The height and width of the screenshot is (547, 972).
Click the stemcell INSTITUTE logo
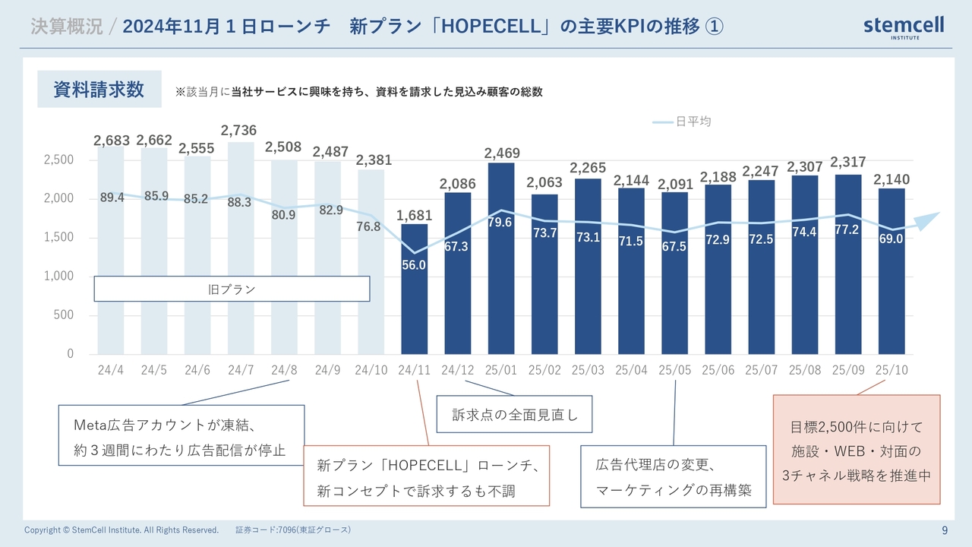point(904,27)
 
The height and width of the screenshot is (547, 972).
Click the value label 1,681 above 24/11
point(414,215)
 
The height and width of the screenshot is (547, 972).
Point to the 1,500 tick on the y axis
point(59,237)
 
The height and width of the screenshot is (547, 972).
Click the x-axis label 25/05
point(674,370)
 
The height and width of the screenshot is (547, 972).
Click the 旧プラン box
point(232,289)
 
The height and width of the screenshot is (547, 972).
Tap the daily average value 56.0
point(414,265)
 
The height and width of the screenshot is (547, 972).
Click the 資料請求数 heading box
point(99,89)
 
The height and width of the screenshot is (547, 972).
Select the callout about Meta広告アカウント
point(181,435)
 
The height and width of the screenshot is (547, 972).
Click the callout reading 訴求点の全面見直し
point(515,415)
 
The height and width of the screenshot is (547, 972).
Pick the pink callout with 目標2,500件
point(856,450)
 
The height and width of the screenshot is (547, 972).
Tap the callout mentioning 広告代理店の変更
point(674,476)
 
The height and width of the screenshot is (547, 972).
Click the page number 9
point(944,530)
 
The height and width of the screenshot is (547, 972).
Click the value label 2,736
point(241,131)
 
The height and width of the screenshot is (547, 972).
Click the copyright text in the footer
point(121,530)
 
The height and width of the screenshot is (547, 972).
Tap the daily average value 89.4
point(112,198)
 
